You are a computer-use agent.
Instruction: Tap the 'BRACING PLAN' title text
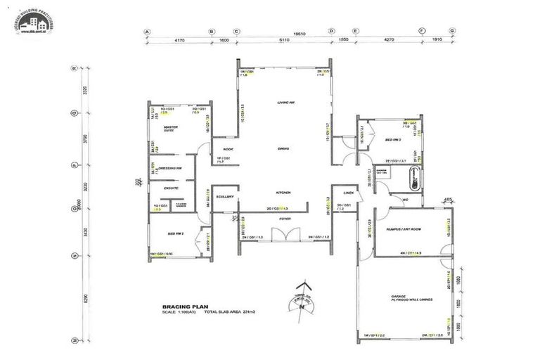point(181,307)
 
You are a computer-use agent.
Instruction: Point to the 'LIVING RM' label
point(285,103)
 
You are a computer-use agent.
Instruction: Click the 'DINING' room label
point(284,149)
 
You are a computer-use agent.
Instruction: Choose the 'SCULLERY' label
point(225,197)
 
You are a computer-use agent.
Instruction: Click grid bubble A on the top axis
point(148,32)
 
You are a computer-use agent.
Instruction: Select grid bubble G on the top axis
point(452,32)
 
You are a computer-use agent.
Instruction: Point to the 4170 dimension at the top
point(179,41)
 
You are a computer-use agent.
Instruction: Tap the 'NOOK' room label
point(228,149)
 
